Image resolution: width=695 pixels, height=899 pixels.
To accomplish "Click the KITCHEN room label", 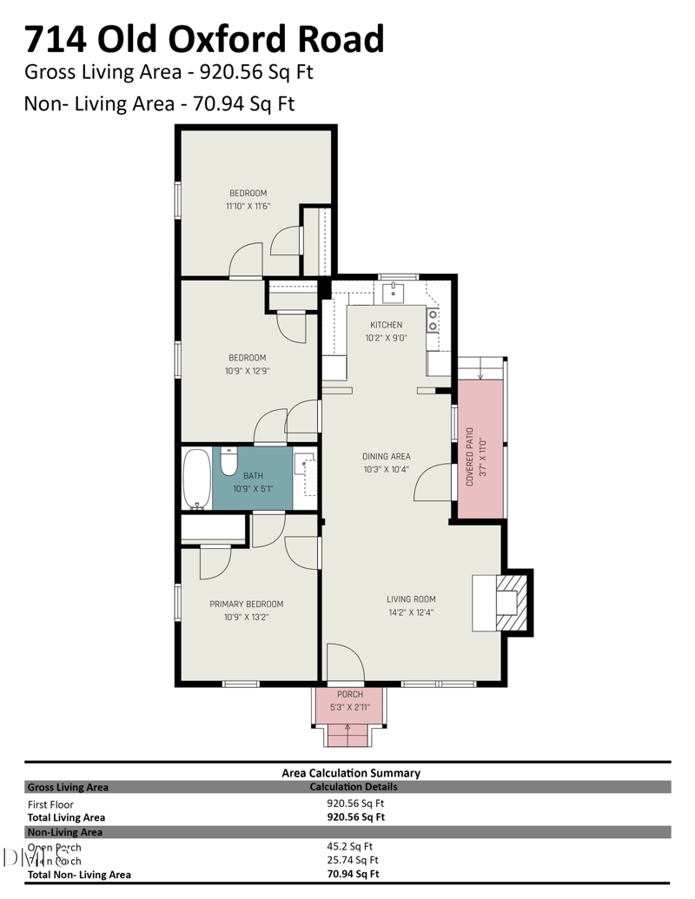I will click(x=387, y=325).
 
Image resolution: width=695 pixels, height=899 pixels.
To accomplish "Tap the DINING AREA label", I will click(x=387, y=456).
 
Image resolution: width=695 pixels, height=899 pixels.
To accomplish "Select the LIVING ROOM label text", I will click(x=411, y=598).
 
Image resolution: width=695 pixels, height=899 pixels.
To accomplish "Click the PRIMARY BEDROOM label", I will click(x=246, y=604).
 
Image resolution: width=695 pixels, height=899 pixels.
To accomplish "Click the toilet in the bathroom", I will click(x=229, y=462).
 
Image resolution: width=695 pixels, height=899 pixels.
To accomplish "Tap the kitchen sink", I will click(x=394, y=291).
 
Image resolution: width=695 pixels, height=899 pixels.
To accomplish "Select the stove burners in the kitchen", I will click(x=432, y=321).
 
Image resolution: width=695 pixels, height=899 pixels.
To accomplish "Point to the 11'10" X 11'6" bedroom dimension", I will click(x=248, y=207).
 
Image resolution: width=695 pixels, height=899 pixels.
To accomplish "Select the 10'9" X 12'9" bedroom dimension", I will click(x=248, y=371).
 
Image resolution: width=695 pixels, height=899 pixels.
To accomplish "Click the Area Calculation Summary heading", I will click(x=351, y=772).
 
